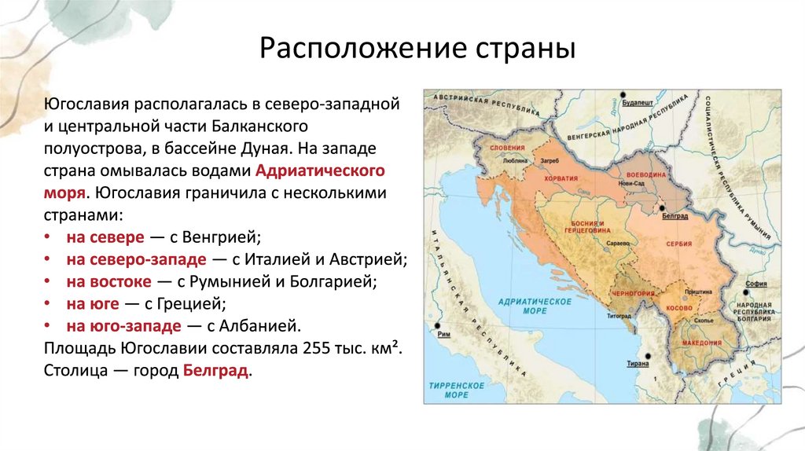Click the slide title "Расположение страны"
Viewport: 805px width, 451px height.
click(x=417, y=49)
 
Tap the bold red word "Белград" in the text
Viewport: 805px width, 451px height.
click(x=216, y=371)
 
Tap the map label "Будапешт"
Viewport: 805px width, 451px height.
click(x=638, y=103)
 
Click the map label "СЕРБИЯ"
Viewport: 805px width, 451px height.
click(x=680, y=244)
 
